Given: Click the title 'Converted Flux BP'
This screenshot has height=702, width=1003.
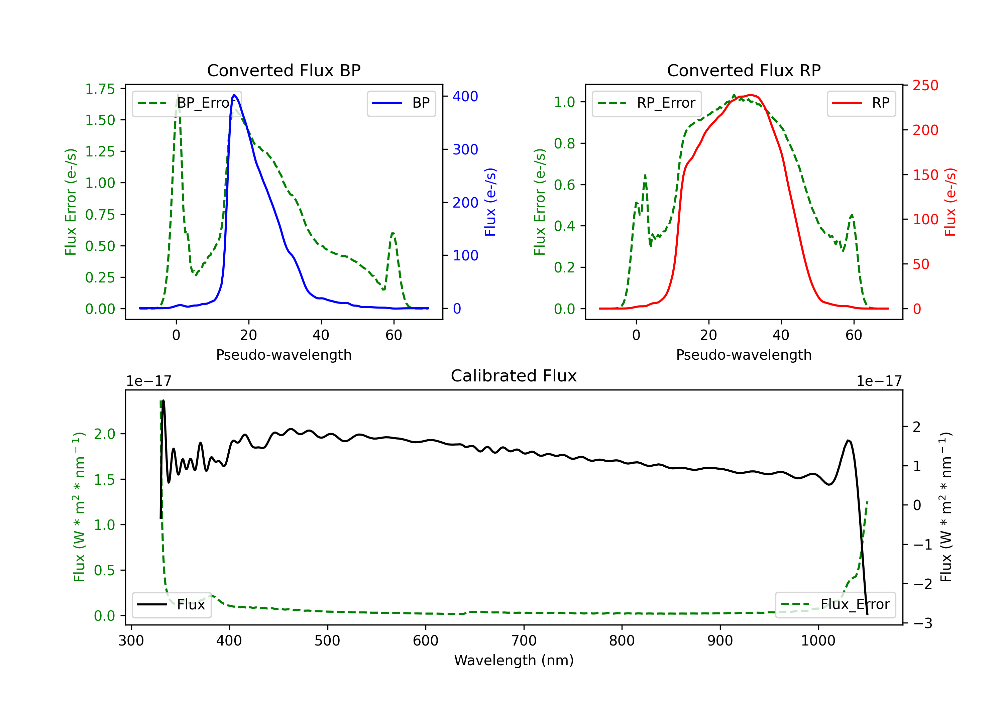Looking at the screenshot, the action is [284, 70].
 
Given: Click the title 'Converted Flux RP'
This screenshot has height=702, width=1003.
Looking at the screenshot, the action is [744, 70].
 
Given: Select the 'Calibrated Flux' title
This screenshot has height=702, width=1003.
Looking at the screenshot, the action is [514, 376].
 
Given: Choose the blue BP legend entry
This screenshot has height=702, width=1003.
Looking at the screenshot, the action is [401, 103].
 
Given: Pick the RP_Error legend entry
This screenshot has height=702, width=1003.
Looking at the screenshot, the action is [647, 103].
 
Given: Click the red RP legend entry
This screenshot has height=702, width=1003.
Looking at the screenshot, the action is [861, 103].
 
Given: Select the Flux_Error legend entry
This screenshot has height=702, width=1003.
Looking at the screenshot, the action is [835, 605].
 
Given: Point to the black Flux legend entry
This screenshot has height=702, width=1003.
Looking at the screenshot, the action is [171, 605].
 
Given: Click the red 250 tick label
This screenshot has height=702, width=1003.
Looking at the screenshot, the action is [925, 85].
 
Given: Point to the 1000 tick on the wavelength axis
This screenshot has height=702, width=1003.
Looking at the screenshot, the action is [818, 641].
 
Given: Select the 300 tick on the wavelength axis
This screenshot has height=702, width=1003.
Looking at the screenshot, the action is [131, 641].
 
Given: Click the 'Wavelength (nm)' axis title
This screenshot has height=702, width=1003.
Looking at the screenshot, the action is [514, 661].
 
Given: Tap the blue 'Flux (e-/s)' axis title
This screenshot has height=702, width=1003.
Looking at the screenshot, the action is [490, 202].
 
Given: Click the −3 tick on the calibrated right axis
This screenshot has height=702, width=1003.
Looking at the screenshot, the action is [922, 623].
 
